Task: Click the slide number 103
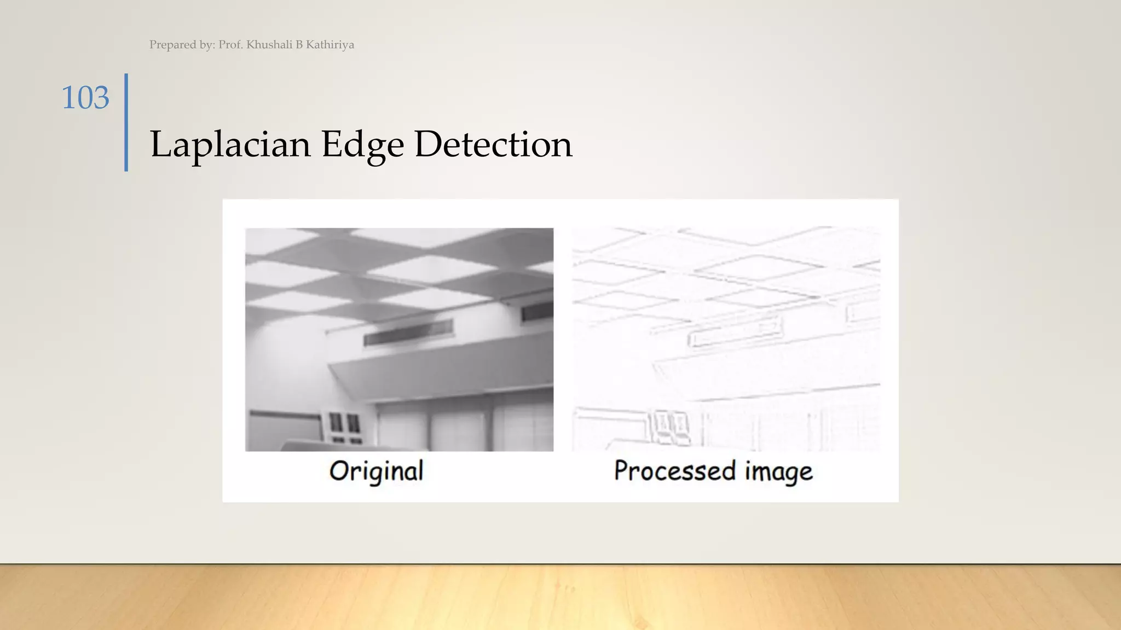click(x=85, y=98)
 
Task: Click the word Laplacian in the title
click(x=230, y=144)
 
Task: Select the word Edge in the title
click(x=362, y=144)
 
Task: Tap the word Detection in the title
click(x=493, y=144)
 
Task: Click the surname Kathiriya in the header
click(x=330, y=45)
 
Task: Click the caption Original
click(x=377, y=471)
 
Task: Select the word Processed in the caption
click(x=674, y=471)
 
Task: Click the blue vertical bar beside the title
click(x=126, y=122)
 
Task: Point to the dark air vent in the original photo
click(x=408, y=332)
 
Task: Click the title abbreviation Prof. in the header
click(x=230, y=45)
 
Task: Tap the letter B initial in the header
click(x=299, y=45)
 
